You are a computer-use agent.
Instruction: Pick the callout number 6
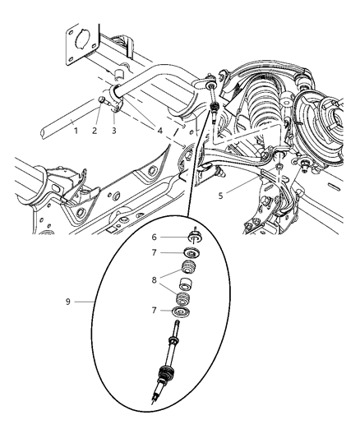tap(153, 237)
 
